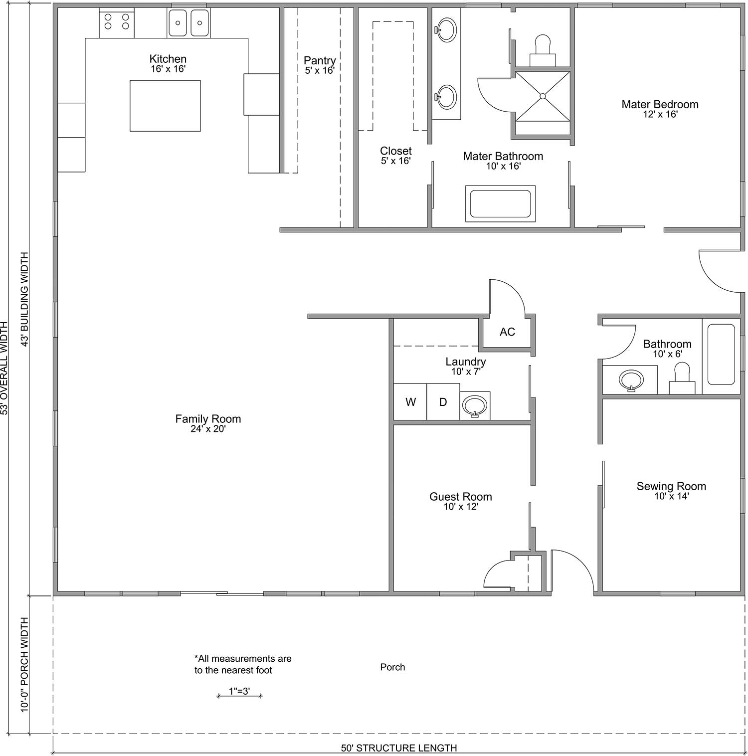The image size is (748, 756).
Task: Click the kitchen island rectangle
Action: [165, 106]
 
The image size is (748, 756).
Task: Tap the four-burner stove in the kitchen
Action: [117, 23]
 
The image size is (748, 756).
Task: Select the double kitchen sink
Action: [188, 23]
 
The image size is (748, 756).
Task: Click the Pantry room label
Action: [320, 61]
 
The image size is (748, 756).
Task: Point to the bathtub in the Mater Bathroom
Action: [500, 204]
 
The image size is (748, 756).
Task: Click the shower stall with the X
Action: [543, 96]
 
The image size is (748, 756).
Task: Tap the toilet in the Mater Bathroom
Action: [543, 50]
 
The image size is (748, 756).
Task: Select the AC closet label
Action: [507, 332]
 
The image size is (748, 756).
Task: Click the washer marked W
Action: [410, 402]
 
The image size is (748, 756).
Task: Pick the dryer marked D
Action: [443, 402]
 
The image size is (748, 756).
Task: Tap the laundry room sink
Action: [475, 406]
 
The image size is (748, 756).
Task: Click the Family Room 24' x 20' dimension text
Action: [208, 428]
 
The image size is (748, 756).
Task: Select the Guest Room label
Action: [461, 497]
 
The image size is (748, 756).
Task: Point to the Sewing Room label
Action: [671, 486]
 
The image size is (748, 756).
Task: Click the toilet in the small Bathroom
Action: [682, 378]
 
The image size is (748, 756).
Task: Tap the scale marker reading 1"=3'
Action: [240, 692]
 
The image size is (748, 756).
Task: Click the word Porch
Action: [392, 667]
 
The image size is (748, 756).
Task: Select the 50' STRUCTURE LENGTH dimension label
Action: [399, 748]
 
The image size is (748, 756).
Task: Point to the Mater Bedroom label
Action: [660, 104]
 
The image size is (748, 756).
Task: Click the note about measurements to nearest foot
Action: [243, 664]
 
